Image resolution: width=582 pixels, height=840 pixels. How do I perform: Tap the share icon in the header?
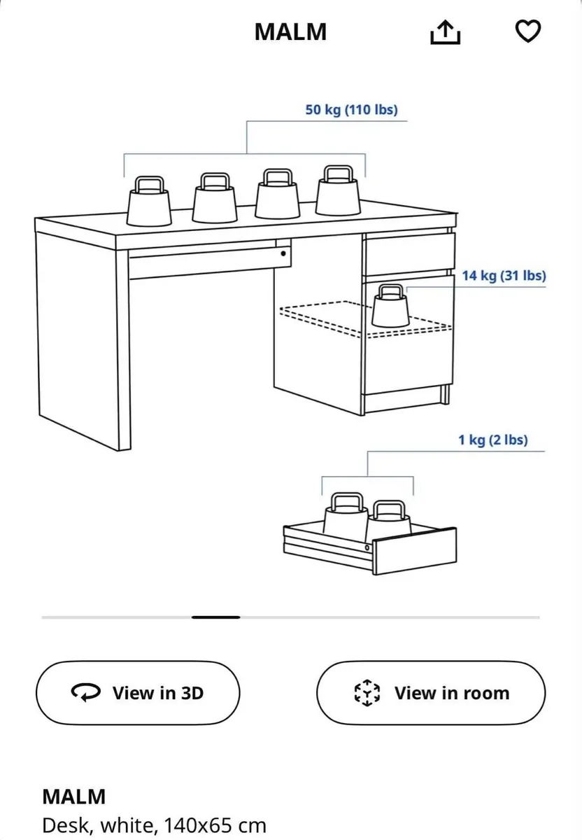click(445, 31)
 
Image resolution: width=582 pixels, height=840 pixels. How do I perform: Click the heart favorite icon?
click(528, 31)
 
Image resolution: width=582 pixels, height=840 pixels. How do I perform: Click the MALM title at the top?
click(290, 32)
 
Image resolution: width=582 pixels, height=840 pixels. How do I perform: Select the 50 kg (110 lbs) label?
click(351, 110)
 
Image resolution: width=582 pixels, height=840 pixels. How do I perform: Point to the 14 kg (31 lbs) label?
click(504, 276)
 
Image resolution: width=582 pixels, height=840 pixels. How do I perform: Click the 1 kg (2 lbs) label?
click(493, 440)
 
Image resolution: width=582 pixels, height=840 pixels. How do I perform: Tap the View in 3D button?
click(138, 693)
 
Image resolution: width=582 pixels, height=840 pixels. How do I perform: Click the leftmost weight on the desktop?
click(149, 202)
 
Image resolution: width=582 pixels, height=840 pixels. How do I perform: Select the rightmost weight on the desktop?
click(338, 192)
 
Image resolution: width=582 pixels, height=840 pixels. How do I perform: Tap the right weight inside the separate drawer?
click(389, 519)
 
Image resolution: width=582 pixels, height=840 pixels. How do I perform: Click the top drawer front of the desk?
click(409, 254)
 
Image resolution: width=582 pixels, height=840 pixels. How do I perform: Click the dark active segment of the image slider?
click(216, 617)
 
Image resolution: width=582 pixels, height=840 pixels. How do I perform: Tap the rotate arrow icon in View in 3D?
click(86, 693)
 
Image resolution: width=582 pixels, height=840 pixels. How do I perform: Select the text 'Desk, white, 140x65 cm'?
click(154, 825)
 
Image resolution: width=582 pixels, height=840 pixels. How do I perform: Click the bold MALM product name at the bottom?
click(74, 797)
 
